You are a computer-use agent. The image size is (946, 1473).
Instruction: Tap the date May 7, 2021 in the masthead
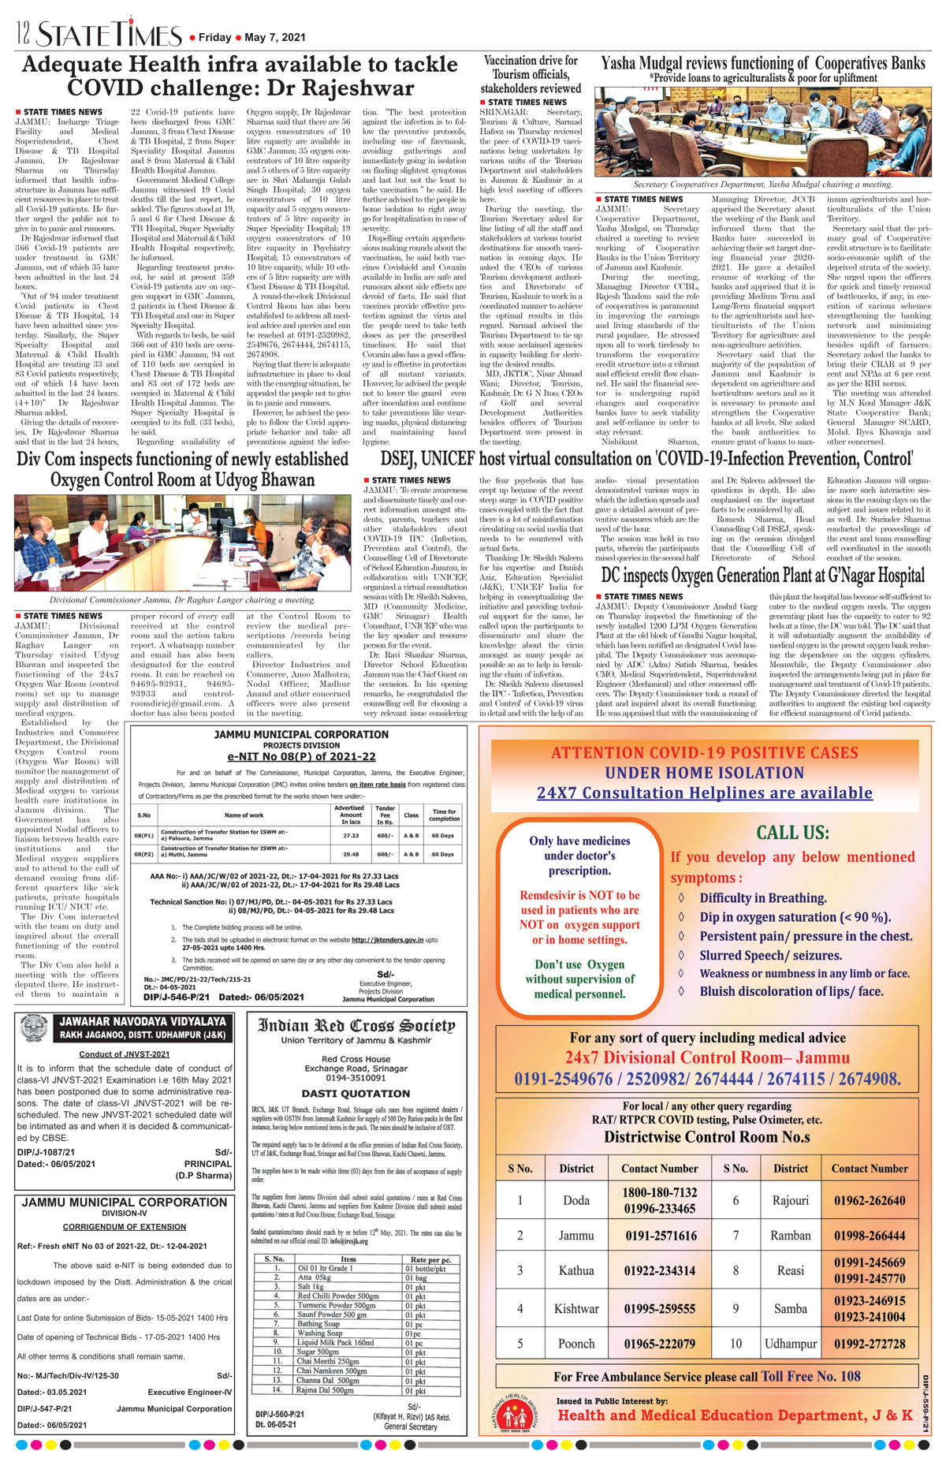tap(275, 37)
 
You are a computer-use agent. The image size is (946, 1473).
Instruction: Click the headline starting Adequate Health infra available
tap(240, 76)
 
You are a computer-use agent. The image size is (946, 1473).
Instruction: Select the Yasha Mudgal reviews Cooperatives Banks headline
tap(762, 63)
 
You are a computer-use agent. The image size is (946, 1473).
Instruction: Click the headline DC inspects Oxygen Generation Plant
tap(762, 576)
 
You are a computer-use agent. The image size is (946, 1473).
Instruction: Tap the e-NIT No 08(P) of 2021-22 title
tap(301, 756)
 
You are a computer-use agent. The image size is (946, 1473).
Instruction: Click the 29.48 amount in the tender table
tap(350, 854)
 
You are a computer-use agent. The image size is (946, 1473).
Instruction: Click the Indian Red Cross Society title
tap(356, 1026)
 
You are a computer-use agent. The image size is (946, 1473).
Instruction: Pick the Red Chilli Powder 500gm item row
tap(338, 1296)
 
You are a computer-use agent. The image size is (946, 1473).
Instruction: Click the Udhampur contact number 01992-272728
tap(870, 1344)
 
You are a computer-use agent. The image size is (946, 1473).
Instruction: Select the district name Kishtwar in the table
tap(576, 1308)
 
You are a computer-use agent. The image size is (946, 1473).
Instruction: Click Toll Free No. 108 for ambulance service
tap(810, 1376)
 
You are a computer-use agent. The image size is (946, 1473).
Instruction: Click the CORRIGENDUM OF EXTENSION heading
tap(125, 1227)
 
